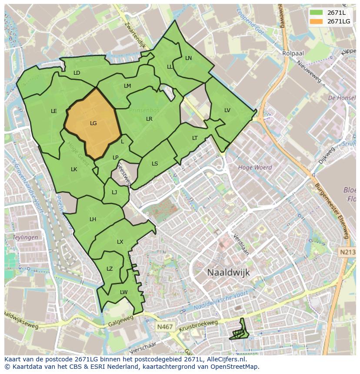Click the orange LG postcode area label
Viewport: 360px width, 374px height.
93,123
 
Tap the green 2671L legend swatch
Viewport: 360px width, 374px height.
317,13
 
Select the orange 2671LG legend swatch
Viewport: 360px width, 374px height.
317,21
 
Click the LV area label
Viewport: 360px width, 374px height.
227,110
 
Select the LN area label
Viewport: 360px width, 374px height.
188,58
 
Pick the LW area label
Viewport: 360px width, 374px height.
124,292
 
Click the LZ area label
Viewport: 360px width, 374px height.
110,269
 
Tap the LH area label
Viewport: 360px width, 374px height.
93,219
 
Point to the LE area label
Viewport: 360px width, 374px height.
54,111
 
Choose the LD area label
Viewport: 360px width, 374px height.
77,73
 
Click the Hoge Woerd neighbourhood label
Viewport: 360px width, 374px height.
255,167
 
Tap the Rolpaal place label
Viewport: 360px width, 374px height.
293,53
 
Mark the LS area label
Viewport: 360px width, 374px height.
155,164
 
